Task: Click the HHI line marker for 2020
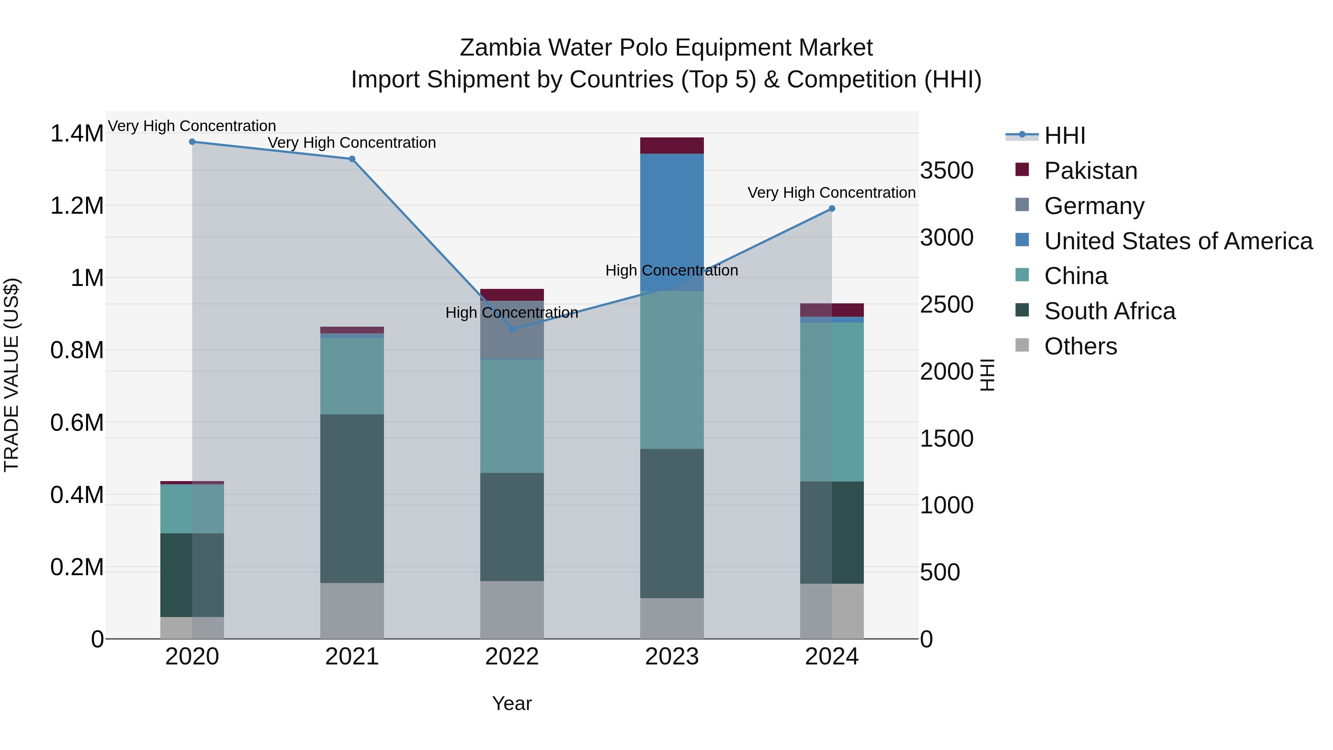[192, 141]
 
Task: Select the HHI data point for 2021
[352, 159]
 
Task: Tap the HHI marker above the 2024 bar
[832, 209]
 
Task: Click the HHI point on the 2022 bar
[512, 329]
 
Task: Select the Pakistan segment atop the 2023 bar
[672, 146]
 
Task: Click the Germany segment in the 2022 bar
[512, 341]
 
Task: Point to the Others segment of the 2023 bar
[672, 618]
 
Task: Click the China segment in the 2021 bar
[352, 376]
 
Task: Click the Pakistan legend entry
[1090, 171]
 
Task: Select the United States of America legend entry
[1178, 241]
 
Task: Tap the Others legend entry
[1080, 346]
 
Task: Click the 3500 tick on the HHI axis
[946, 171]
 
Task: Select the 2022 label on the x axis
[512, 657]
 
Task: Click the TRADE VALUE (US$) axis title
[11, 375]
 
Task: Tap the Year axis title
[512, 703]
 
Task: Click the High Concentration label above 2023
[672, 270]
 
